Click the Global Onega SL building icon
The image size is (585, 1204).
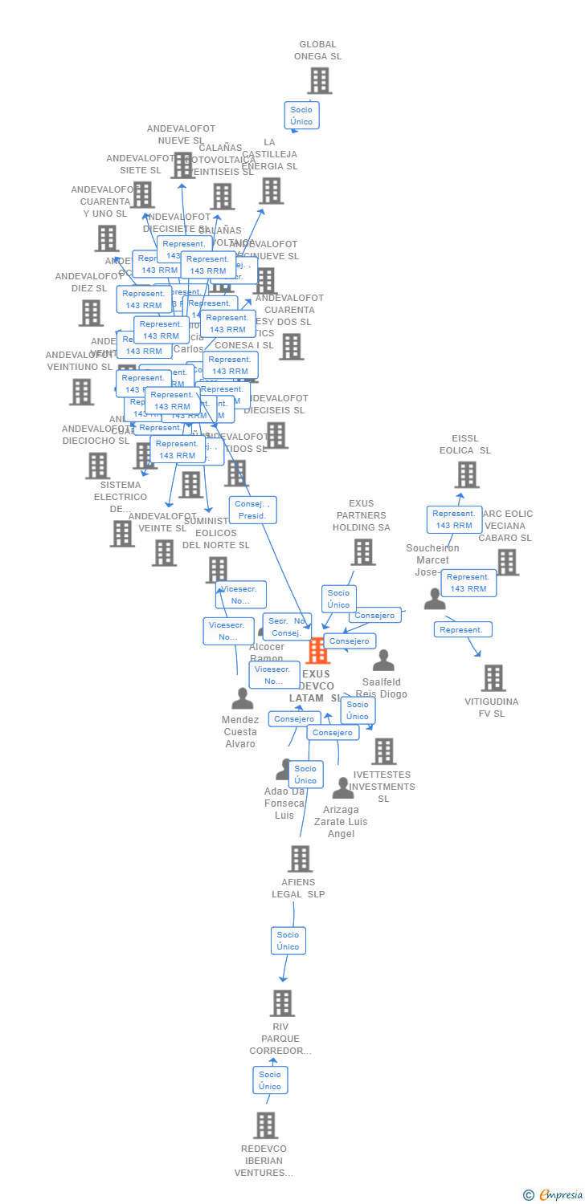pos(320,81)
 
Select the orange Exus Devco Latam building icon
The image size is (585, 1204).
pos(318,650)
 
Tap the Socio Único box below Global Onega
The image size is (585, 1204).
pos(301,116)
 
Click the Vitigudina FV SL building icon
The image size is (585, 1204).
pos(493,678)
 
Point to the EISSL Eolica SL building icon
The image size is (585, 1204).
pos(467,475)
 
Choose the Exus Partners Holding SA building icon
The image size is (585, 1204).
pos(363,552)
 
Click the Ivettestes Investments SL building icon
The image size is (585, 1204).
pos(384,751)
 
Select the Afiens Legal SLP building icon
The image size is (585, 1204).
pos(300,859)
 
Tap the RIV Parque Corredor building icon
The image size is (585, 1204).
pos(282,1003)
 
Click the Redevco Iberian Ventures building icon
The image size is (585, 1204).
pos(266,1125)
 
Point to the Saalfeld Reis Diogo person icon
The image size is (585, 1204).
pos(383,661)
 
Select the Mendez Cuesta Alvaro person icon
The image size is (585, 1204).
pos(242,698)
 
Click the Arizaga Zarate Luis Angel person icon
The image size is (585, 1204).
pos(343,788)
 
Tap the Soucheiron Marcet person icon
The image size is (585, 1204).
pos(435,599)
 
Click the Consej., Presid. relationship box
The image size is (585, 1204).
pos(252,510)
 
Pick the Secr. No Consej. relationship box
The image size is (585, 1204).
pos(287,627)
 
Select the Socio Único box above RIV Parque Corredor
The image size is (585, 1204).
pos(288,941)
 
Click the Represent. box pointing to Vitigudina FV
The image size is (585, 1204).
pos(463,630)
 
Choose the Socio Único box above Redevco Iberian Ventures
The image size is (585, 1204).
pos(270,1080)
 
